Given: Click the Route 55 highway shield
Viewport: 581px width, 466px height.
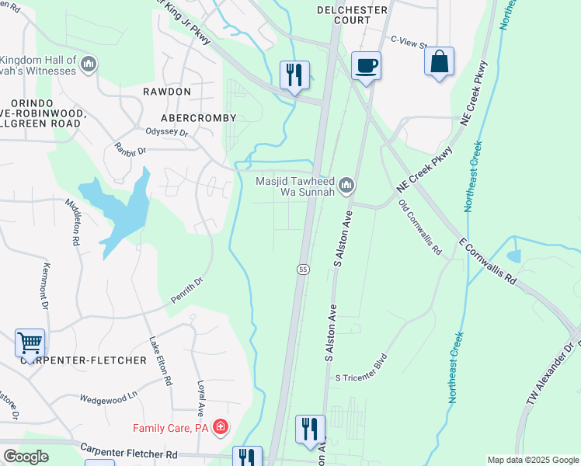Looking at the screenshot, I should coord(303,269).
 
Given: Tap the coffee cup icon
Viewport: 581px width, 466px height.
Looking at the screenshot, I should coord(365,65).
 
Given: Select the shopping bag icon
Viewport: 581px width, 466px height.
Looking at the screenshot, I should coord(439,61).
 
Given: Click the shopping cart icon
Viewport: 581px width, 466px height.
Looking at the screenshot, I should coord(30,342).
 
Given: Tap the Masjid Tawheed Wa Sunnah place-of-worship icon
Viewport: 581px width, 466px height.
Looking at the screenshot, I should coord(346,185).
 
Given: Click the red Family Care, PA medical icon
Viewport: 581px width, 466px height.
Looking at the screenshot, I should coord(221,427).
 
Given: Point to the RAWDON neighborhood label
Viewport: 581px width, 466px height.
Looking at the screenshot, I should coord(166,92).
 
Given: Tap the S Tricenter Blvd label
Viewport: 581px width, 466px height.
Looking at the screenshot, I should coord(360,377).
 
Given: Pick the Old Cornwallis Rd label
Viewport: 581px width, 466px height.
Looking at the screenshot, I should coord(419,228).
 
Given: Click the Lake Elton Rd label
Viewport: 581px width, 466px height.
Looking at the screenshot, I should coord(160,362).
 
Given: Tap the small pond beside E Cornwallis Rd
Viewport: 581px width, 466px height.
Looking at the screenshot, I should coord(513,256).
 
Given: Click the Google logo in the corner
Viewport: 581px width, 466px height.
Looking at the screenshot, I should coord(25,457).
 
